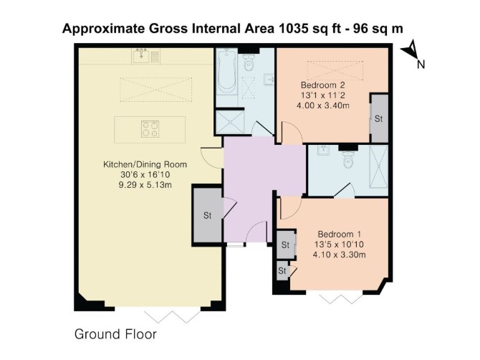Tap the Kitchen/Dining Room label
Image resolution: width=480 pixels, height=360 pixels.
(145, 164)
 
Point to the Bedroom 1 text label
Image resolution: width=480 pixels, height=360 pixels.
(339, 235)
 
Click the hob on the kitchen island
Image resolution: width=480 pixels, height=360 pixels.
(150, 129)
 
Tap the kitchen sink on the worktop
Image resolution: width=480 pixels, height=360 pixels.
(140, 56)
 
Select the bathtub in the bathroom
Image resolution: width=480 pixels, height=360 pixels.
(227, 72)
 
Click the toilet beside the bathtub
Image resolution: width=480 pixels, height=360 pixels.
(249, 62)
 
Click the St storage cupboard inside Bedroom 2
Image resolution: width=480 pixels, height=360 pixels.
(379, 118)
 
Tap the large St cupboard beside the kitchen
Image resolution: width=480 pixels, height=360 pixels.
(208, 215)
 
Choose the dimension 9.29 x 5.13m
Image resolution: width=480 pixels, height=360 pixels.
(145, 185)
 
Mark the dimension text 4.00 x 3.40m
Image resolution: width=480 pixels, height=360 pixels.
(323, 105)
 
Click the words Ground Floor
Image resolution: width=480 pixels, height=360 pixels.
(115, 334)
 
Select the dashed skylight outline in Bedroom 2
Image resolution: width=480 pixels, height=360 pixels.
(335, 70)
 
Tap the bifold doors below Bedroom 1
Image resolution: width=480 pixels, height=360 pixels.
(341, 298)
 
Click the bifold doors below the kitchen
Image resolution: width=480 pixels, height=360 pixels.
(173, 316)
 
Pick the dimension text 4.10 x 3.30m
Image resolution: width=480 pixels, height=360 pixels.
(339, 255)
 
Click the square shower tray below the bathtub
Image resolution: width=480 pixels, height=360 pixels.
(230, 122)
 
